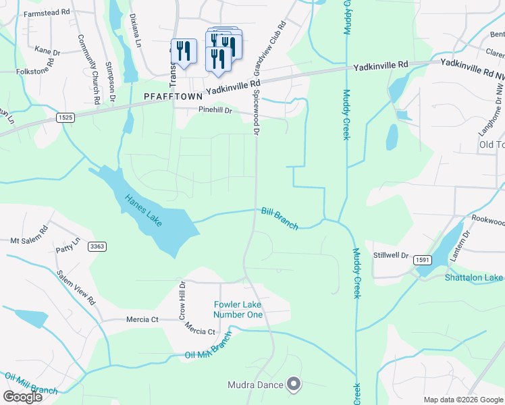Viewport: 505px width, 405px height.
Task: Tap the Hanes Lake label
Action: pyautogui.click(x=143, y=211)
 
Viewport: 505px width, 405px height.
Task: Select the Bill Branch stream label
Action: pyautogui.click(x=280, y=219)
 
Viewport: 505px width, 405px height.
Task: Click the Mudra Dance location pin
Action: pyautogui.click(x=294, y=385)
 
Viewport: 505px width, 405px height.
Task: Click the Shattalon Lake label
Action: pyautogui.click(x=474, y=277)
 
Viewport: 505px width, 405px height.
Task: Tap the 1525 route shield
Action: pyautogui.click(x=64, y=117)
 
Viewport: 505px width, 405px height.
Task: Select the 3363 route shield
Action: pyautogui.click(x=97, y=247)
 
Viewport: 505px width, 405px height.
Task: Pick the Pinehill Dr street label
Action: pyautogui.click(x=215, y=109)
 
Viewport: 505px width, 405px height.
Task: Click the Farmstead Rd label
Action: pyautogui.click(x=47, y=13)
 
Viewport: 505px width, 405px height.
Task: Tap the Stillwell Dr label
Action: pyautogui.click(x=392, y=255)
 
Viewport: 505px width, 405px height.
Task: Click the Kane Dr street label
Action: pyautogui.click(x=47, y=51)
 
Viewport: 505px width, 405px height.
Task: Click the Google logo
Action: pyautogui.click(x=22, y=396)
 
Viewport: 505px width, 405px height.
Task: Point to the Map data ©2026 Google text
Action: pyautogui.click(x=462, y=400)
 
